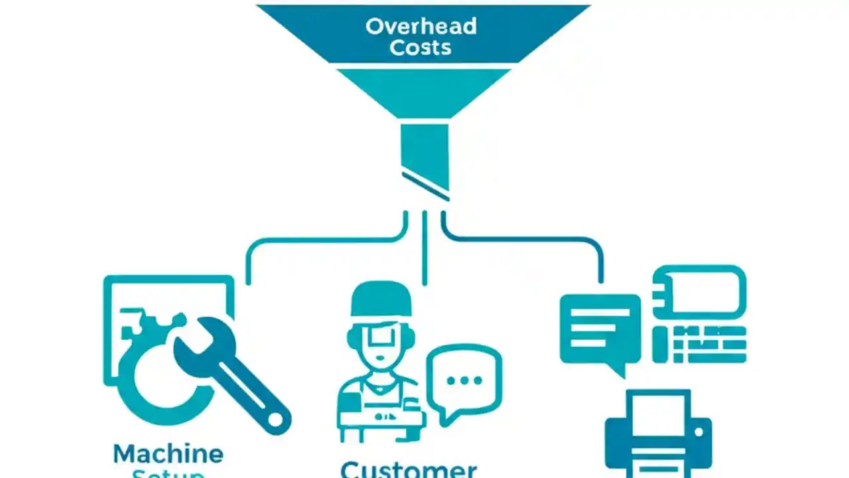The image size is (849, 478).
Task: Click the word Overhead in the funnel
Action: [421, 27]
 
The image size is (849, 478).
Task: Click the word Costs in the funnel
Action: [421, 48]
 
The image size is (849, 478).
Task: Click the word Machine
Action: [168, 454]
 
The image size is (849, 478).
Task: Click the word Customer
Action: [409, 469]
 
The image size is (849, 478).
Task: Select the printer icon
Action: [658, 435]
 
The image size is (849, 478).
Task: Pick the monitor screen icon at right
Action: [700, 293]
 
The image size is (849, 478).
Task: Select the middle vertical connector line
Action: [424, 249]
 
